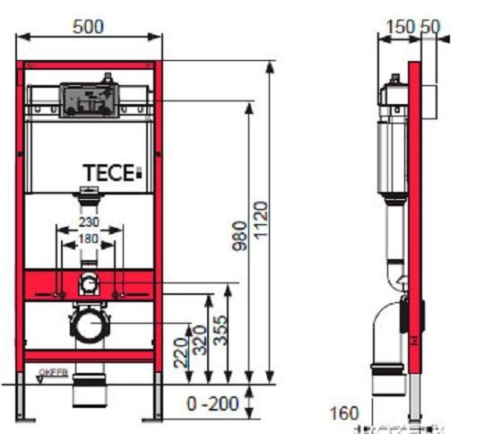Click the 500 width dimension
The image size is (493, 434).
click(x=88, y=27)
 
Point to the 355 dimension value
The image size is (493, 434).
click(x=221, y=332)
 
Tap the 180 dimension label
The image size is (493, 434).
click(x=88, y=239)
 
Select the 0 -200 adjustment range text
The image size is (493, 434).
click(x=212, y=404)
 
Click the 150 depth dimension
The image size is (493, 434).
click(x=395, y=27)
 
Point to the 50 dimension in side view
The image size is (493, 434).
click(x=430, y=27)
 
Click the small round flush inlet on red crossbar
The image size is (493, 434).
click(x=88, y=285)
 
